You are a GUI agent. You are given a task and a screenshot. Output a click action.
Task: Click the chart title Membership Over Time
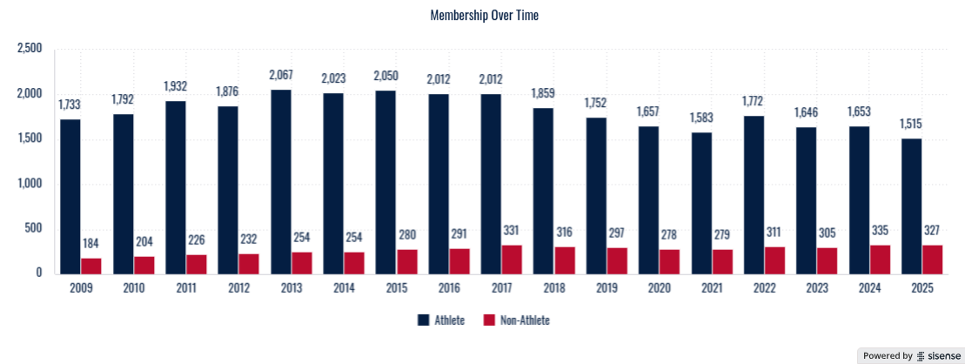click(x=485, y=16)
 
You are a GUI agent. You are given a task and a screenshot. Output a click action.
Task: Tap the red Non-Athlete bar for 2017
click(x=512, y=259)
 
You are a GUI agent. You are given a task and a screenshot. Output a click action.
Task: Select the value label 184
click(x=91, y=243)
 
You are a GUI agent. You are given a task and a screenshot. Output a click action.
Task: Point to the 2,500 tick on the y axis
click(x=30, y=49)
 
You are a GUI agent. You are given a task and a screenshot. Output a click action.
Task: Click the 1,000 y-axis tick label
click(x=30, y=184)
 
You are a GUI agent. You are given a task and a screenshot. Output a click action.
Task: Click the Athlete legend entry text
click(x=450, y=320)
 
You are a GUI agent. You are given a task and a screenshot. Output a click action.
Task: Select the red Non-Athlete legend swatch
click(x=487, y=320)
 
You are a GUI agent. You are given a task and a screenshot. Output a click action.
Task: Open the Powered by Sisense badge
click(x=909, y=355)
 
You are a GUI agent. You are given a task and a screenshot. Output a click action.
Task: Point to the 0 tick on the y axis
click(x=39, y=273)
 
